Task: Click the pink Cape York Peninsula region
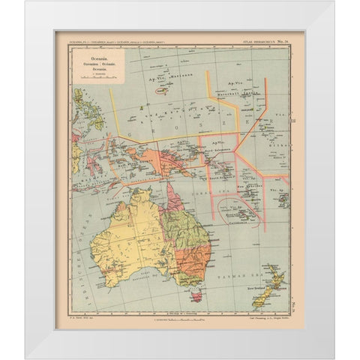[x=172, y=198]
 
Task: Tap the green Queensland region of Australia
[x=186, y=225]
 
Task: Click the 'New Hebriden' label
[x=247, y=187]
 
